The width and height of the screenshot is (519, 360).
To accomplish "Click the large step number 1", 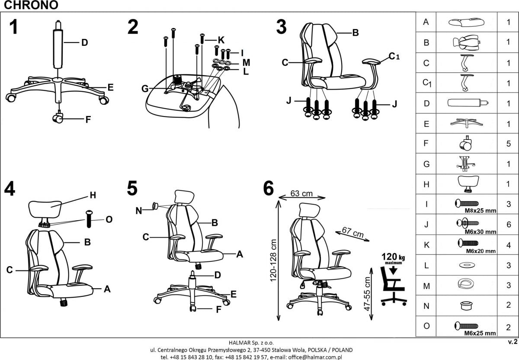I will coord(14,27).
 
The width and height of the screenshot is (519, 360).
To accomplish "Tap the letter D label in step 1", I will coord(85,42).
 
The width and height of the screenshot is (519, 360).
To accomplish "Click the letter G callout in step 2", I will coord(145,88).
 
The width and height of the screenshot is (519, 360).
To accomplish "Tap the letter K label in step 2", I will coord(221,40).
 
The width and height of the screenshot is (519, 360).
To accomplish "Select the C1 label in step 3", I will coord(394,56).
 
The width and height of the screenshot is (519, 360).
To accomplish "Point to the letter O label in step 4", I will coord(109,219).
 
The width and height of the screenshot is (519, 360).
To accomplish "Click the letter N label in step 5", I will coord(138,211).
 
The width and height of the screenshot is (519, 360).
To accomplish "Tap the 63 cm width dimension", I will coord(301,193).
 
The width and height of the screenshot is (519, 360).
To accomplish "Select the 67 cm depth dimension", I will coord(352,233).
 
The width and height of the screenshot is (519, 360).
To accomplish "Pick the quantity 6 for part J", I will coord(509,224).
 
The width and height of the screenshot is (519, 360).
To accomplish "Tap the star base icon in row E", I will coord(468,123).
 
